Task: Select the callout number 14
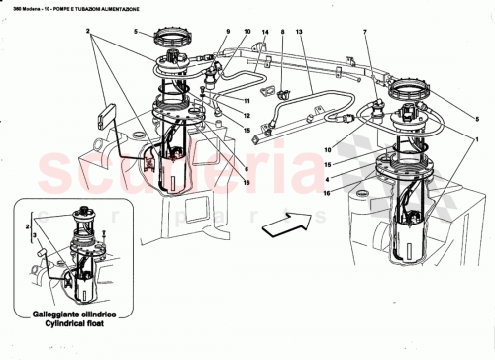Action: coord(265,33)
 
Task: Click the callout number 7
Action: coord(365,33)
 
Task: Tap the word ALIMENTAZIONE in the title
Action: coord(126,8)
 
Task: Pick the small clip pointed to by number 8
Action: coord(283,96)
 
